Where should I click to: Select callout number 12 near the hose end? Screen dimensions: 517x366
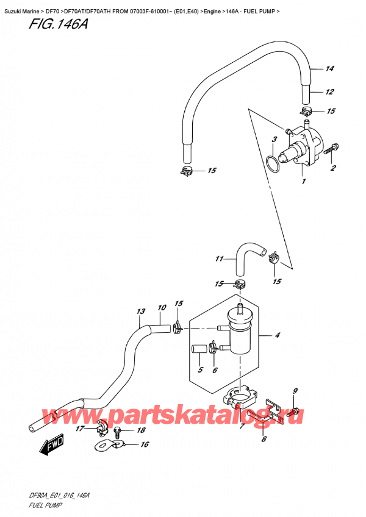coord(329,92)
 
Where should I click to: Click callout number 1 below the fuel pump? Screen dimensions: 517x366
coord(303,181)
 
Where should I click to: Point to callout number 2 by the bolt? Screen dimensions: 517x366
coord(333,168)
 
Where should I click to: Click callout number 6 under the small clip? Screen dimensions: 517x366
coord(215,370)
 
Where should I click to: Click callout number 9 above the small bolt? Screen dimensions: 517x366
coord(295,391)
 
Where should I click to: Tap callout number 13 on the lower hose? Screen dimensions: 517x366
coord(141,312)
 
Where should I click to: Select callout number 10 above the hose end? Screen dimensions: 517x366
coord(162,308)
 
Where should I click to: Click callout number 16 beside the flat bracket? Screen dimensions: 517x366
coord(144,445)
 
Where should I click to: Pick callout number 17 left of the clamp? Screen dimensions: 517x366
coord(81,430)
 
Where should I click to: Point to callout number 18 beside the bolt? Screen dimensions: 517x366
coord(142,430)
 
